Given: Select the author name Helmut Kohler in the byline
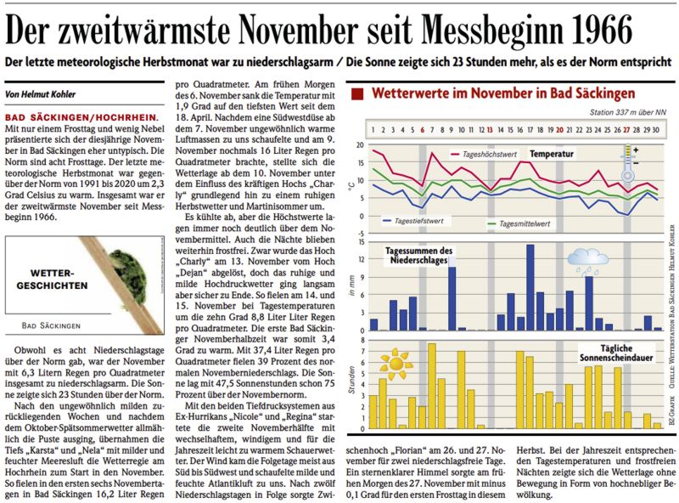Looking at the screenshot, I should point(48,94).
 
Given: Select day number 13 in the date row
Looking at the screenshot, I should point(491,130).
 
